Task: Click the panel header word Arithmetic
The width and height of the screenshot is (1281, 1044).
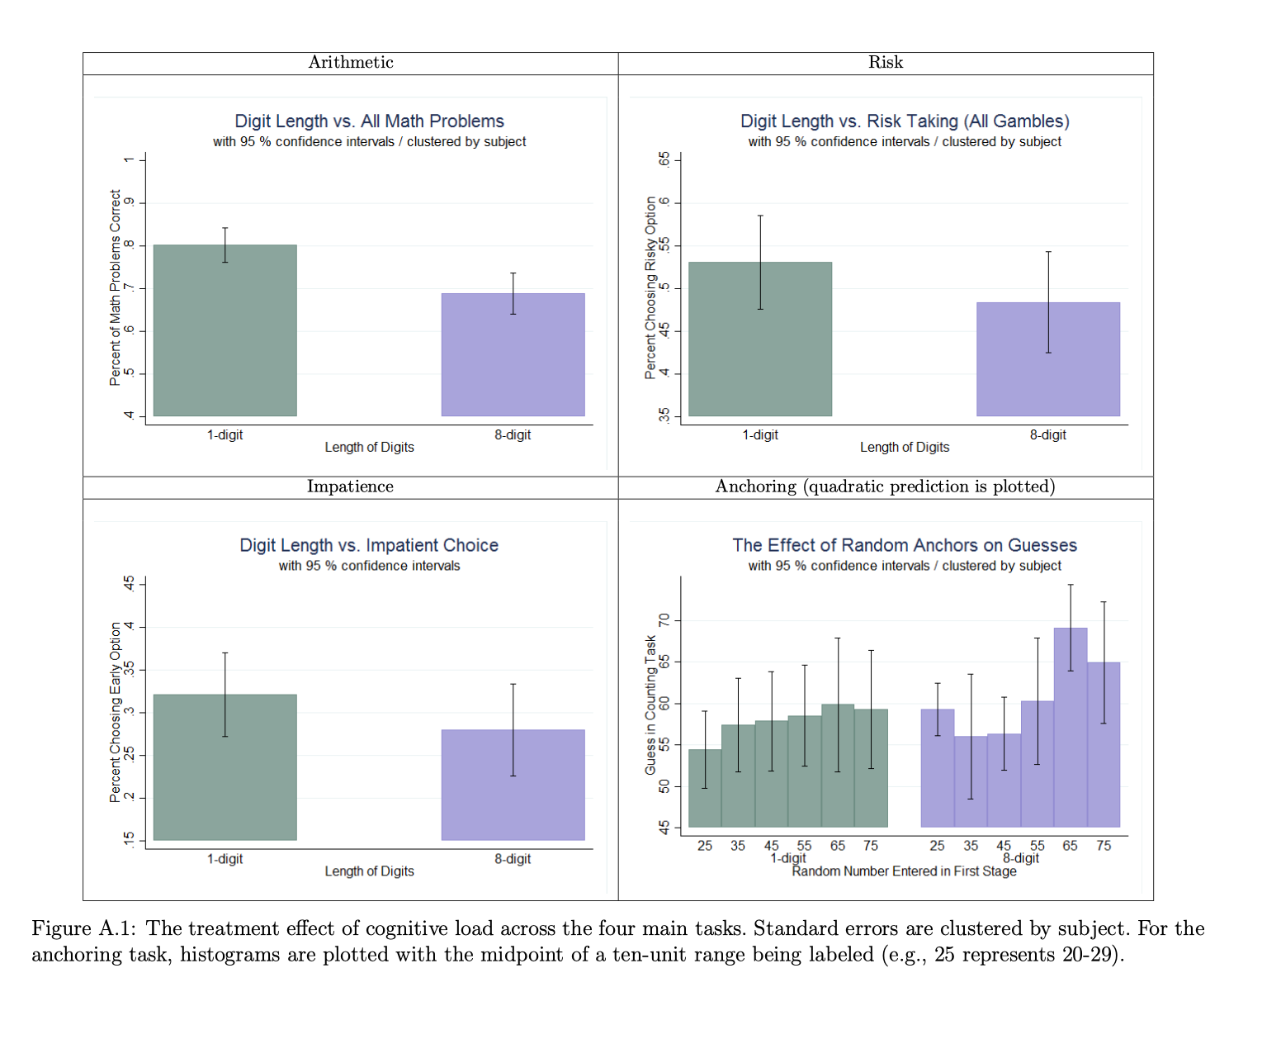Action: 351,63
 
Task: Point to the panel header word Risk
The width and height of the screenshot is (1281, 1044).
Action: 885,63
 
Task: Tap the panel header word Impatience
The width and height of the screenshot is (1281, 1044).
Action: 350,486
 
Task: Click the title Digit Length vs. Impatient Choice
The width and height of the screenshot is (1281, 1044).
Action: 369,545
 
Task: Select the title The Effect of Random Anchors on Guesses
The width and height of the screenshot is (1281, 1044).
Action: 904,545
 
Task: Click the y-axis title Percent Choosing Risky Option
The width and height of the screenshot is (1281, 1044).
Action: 650,287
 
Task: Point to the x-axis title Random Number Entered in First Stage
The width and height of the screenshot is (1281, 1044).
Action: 904,871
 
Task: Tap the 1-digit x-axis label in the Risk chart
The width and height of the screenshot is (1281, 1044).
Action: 759,435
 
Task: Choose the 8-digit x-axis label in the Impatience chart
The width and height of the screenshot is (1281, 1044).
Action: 513,859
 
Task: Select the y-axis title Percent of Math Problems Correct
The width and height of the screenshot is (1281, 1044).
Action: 116,287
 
